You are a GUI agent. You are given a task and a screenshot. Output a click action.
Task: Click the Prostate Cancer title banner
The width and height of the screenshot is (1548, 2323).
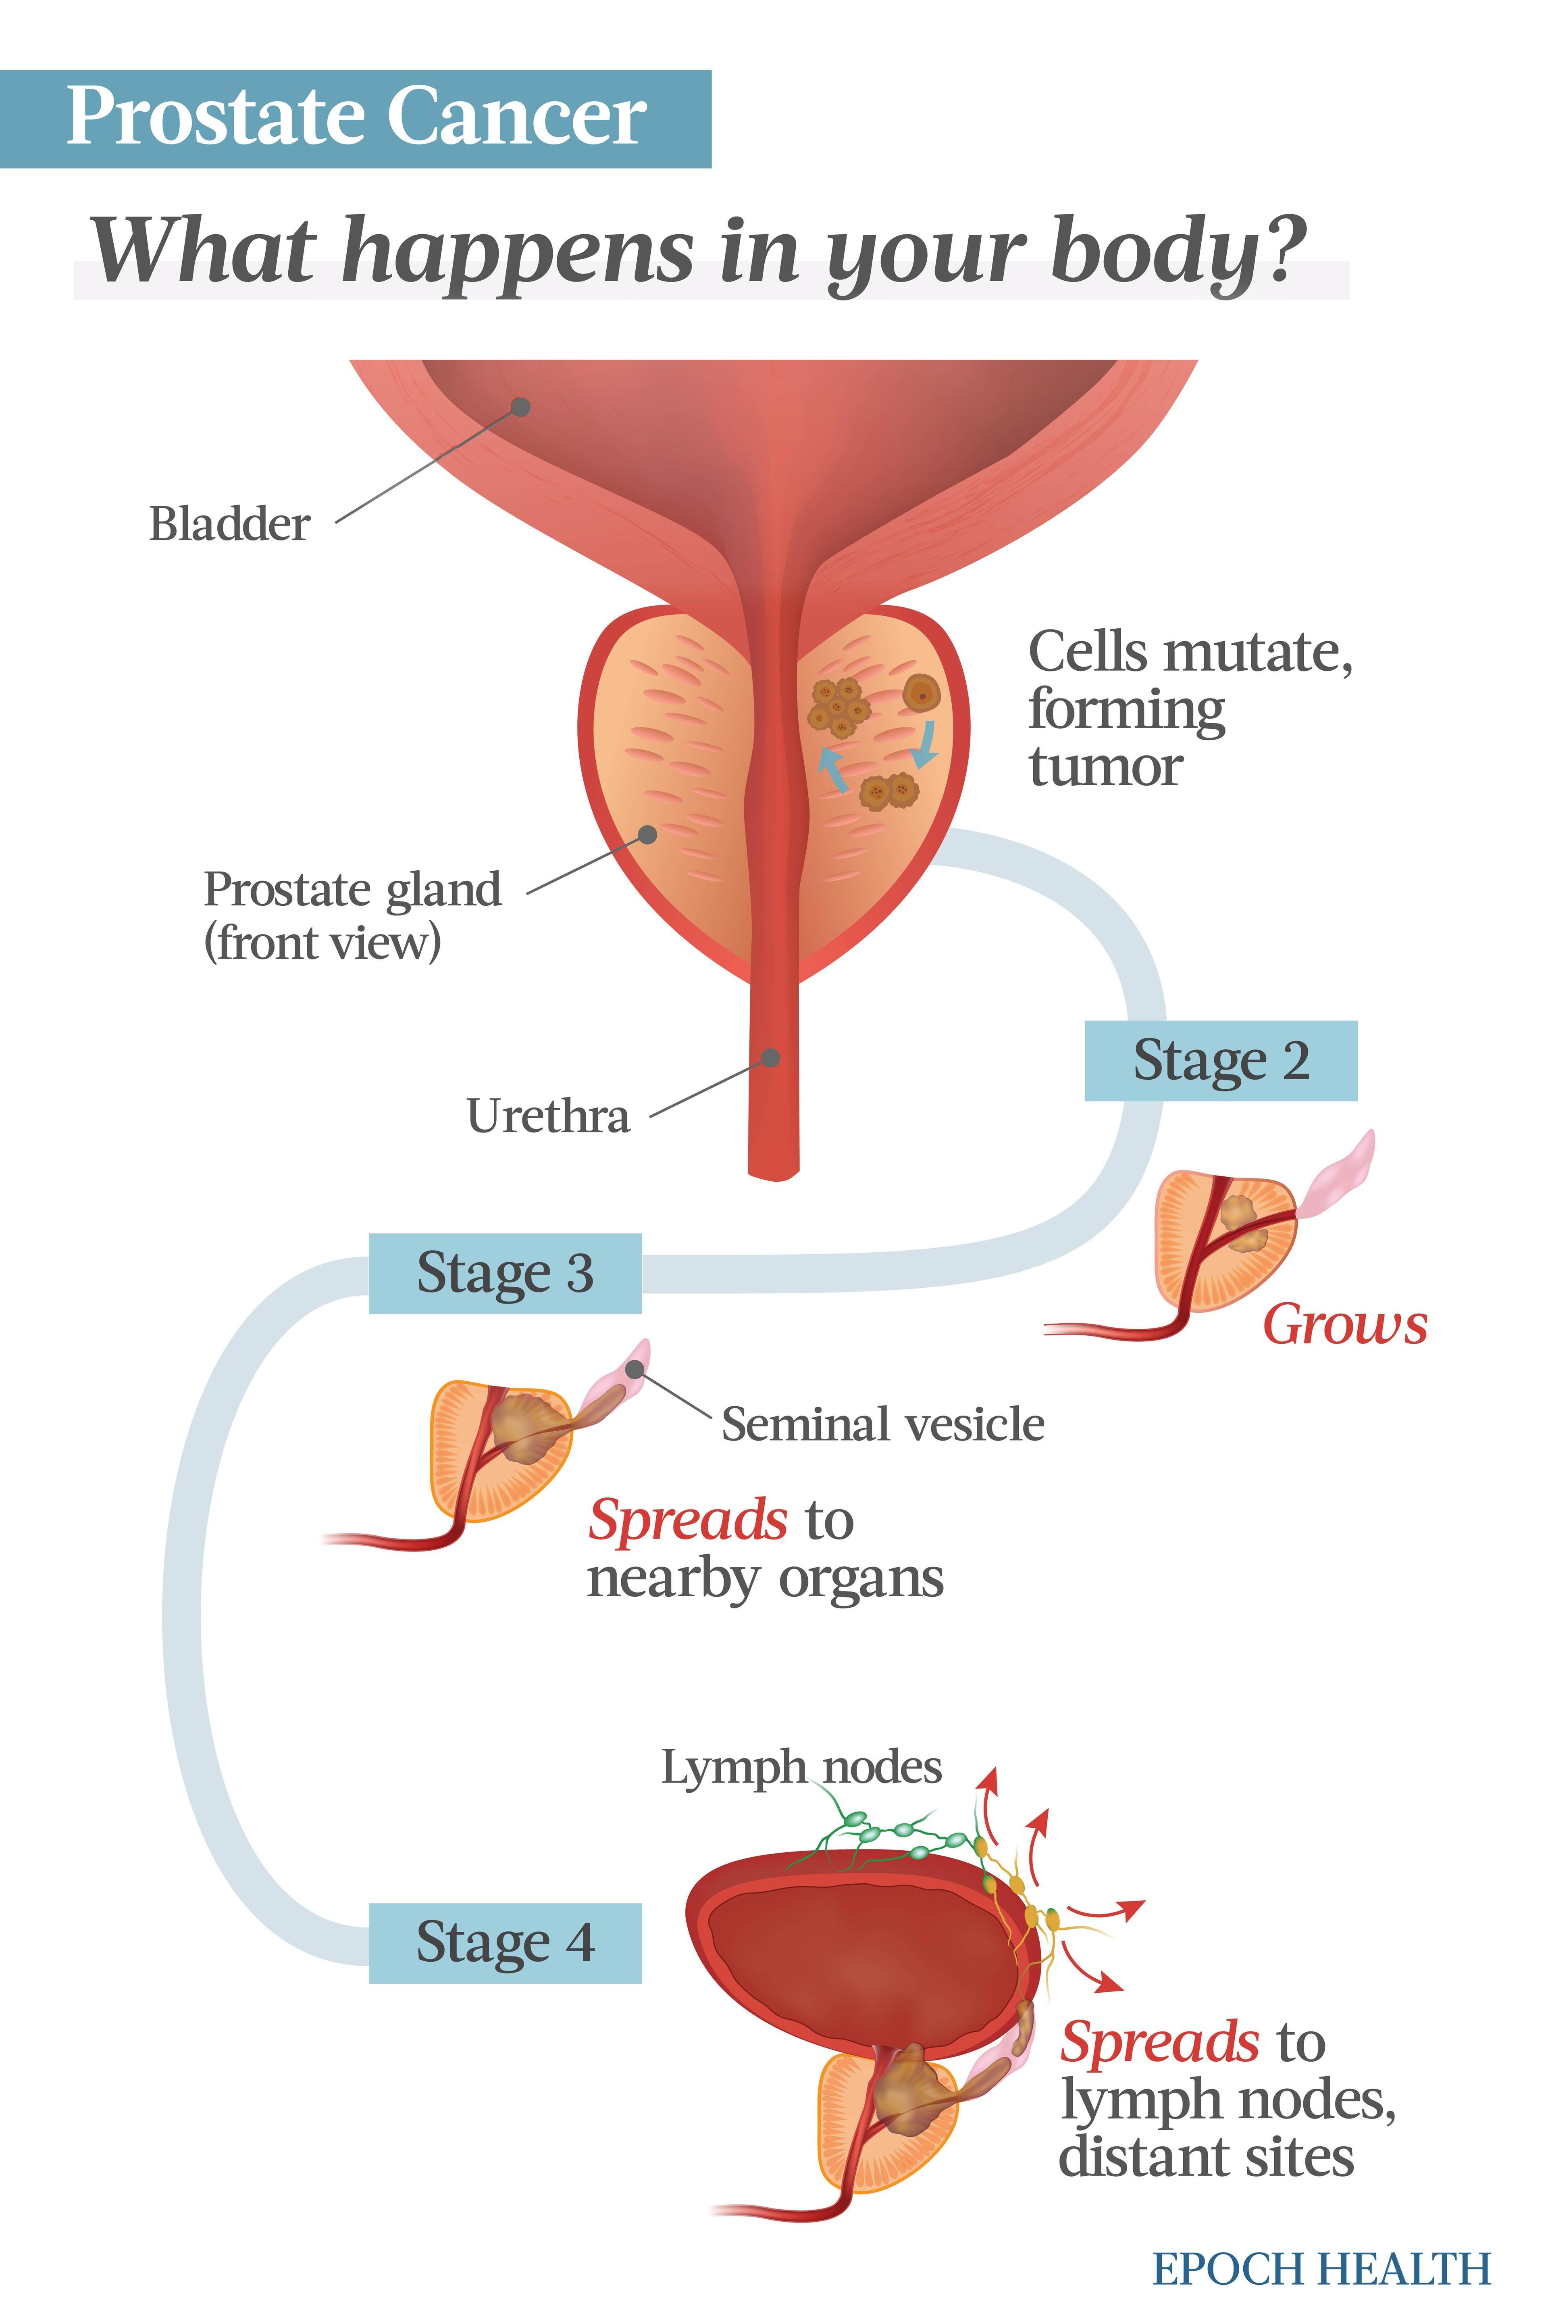(x=356, y=119)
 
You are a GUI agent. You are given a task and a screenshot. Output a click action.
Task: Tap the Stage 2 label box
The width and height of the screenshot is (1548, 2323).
(x=1220, y=1061)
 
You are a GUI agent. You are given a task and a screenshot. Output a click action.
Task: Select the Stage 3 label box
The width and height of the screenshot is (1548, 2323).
(x=504, y=1273)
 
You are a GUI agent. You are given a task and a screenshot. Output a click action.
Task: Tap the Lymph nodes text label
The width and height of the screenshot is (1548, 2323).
(x=801, y=1767)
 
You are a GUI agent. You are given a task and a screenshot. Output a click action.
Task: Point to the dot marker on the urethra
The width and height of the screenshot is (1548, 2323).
(x=771, y=1058)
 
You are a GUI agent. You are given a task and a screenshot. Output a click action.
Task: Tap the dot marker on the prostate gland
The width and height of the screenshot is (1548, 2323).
(x=648, y=834)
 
